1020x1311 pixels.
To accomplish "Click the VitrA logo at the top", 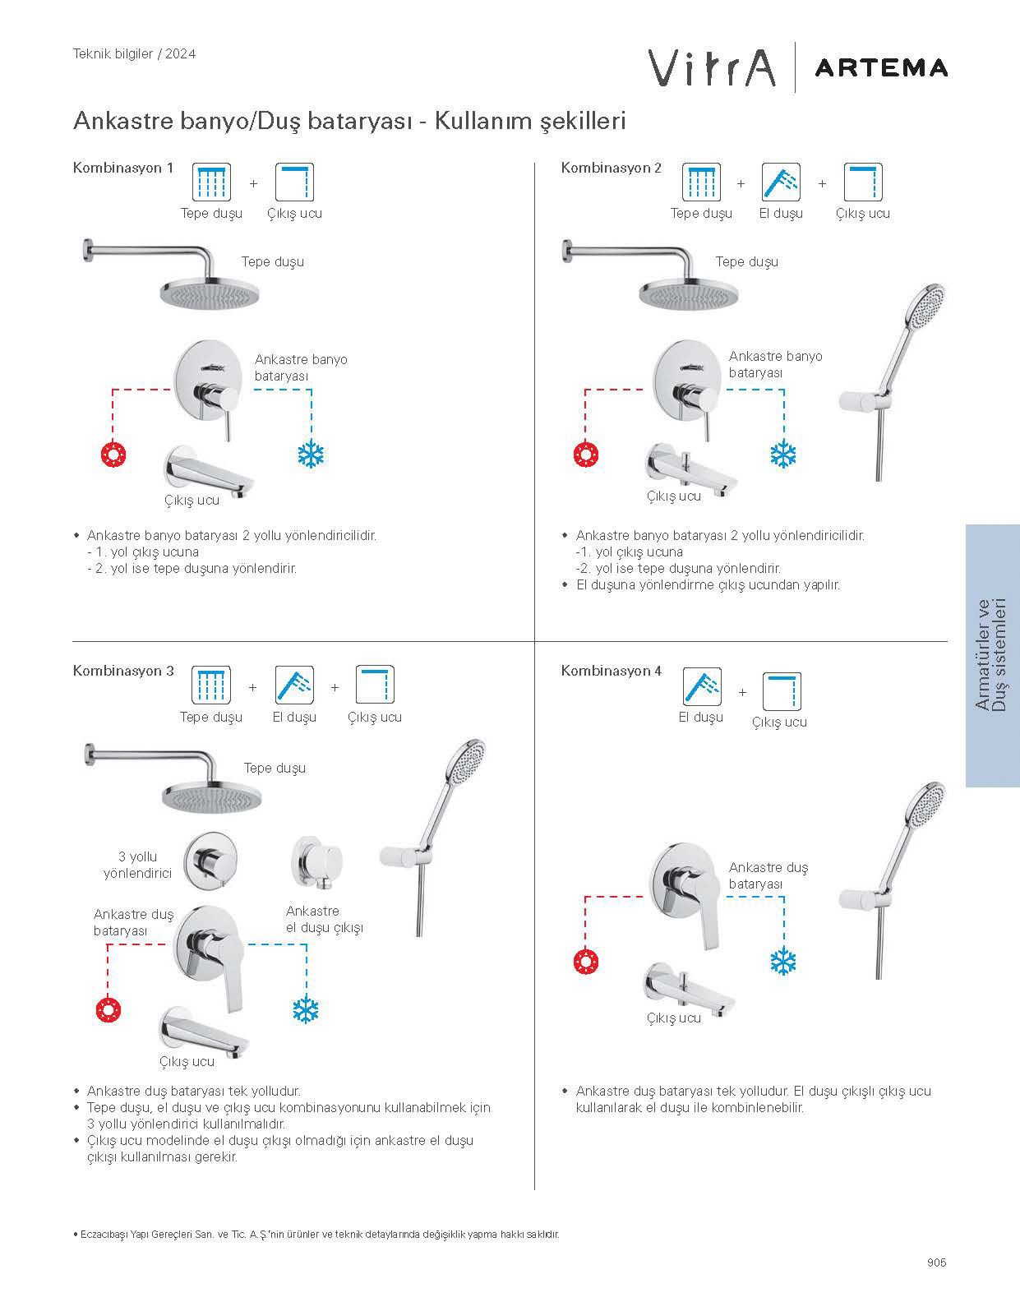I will point(712,67).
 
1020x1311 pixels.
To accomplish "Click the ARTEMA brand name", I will point(880,67).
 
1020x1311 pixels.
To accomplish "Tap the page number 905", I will point(936,1263).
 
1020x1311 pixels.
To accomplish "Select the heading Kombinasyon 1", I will point(123,168).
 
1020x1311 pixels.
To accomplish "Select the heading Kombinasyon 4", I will point(611,671).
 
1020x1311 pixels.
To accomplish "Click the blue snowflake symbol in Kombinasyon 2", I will point(783,455).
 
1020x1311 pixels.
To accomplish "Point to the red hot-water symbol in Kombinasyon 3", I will point(108,1009).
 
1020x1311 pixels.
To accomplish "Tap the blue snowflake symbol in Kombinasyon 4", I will point(783,961).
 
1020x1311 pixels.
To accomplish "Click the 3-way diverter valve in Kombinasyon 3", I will point(213,858).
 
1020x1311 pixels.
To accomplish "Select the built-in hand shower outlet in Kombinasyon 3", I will point(316,863).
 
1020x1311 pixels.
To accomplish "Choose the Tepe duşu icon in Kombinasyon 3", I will point(211,685).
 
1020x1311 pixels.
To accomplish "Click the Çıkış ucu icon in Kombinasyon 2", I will point(862,182).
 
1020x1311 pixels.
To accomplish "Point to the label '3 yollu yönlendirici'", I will point(137,865).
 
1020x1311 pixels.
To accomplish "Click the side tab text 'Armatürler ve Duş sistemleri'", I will point(992,655).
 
